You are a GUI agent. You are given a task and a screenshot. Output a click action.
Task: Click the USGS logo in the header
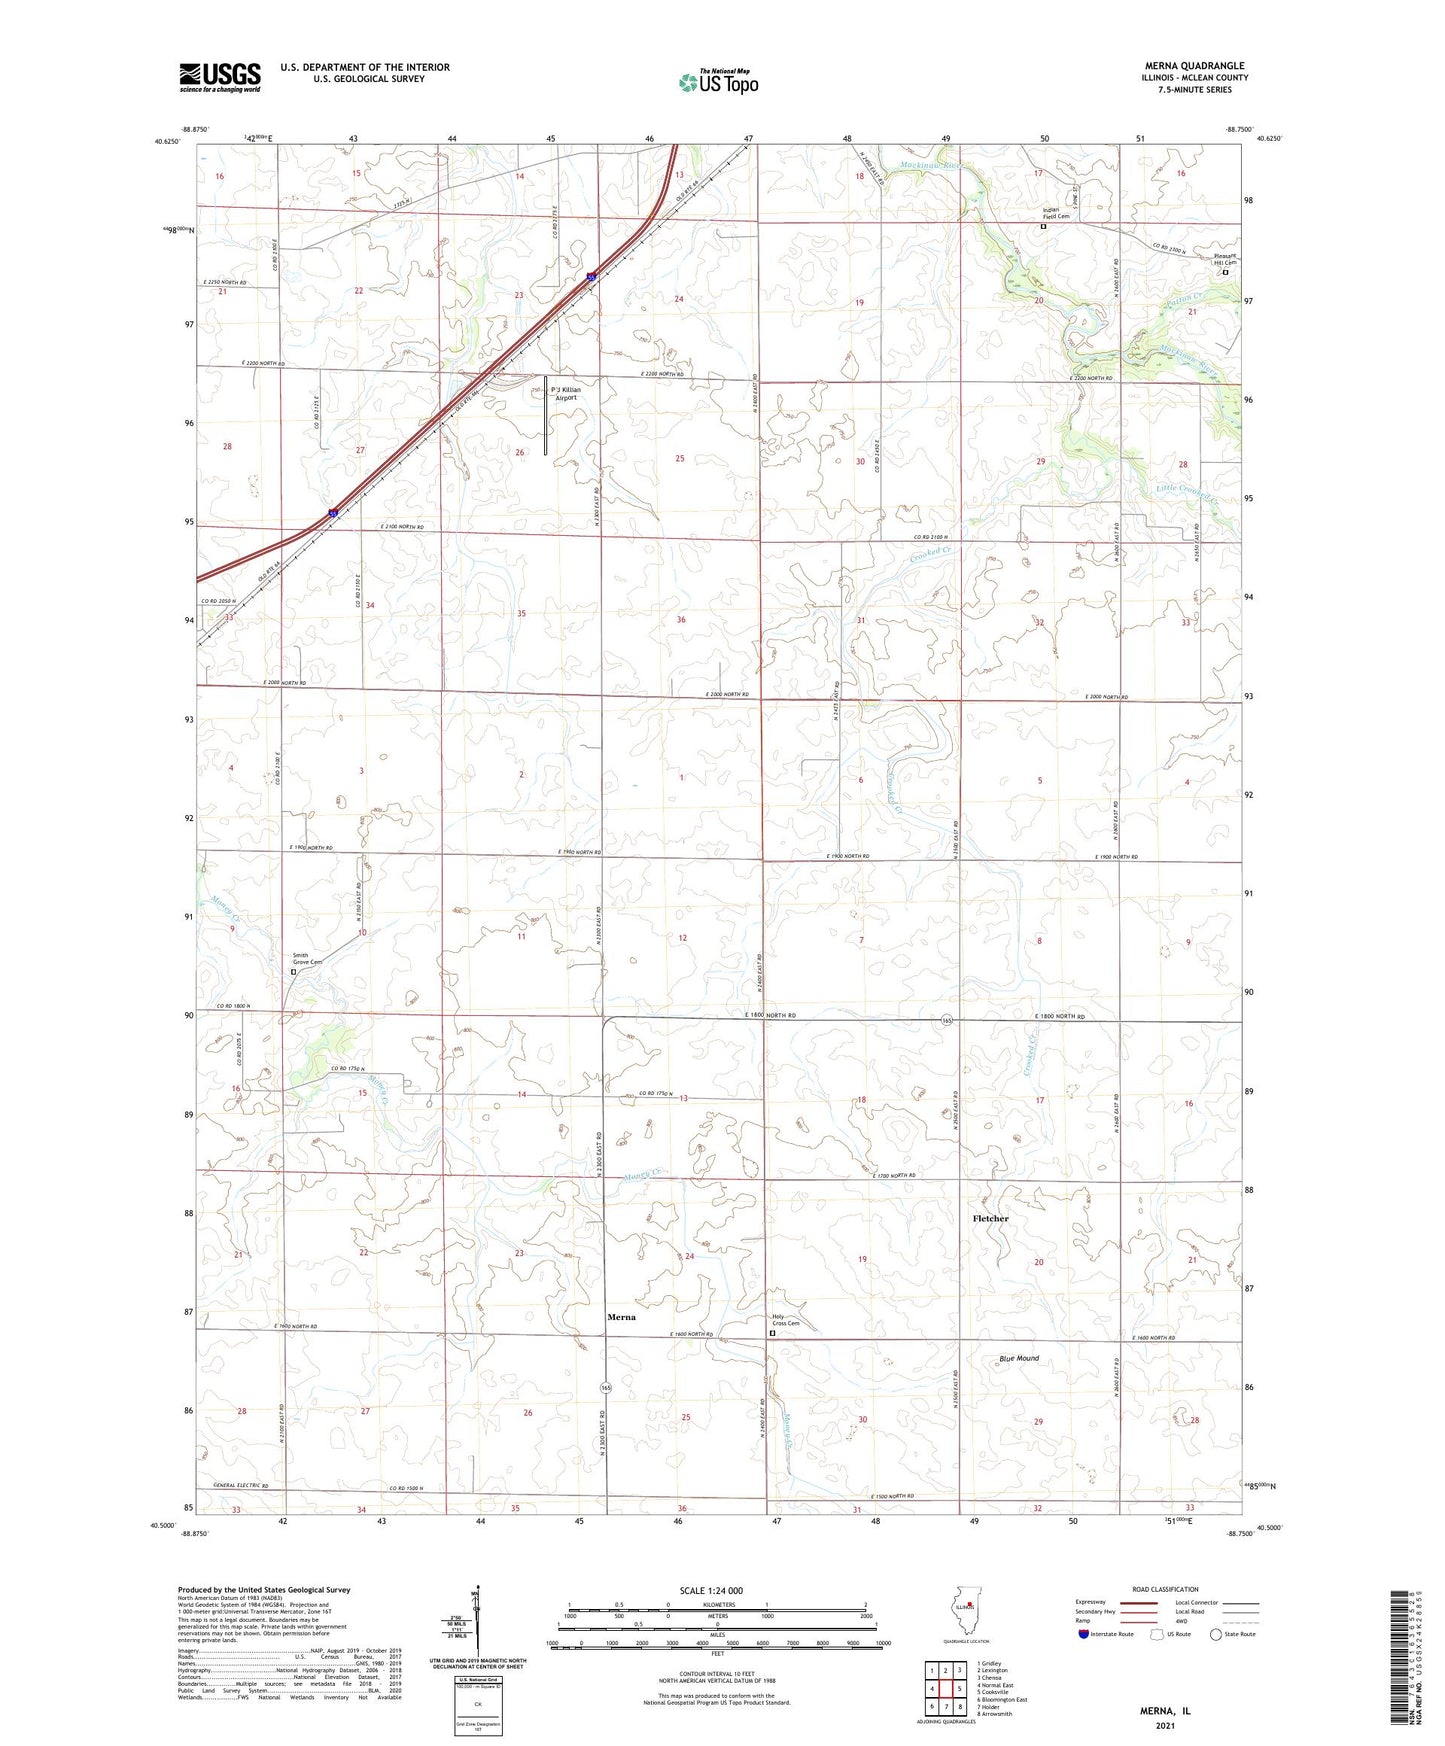pyautogui.click(x=220, y=76)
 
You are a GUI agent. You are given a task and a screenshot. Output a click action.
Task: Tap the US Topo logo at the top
pyautogui.click(x=716, y=82)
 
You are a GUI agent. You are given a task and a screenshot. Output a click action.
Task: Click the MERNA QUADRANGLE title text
pyautogui.click(x=1195, y=66)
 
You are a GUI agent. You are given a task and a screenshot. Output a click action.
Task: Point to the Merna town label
pyautogui.click(x=621, y=1317)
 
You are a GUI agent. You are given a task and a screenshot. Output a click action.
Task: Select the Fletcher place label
pyautogui.click(x=990, y=1218)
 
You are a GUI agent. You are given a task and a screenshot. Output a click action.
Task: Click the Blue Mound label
pyautogui.click(x=1019, y=1358)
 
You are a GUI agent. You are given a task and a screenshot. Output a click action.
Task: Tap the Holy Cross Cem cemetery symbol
pyautogui.click(x=772, y=1333)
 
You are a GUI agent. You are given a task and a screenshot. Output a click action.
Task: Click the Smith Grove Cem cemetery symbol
pyautogui.click(x=294, y=971)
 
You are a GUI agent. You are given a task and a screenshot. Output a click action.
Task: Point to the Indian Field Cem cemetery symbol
pyautogui.click(x=1044, y=227)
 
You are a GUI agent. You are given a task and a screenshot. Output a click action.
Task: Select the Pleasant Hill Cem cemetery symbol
pyautogui.click(x=1226, y=271)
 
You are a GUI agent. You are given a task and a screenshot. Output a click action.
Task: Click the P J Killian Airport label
pyautogui.click(x=566, y=393)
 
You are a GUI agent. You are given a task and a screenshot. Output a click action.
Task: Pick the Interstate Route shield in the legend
pyautogui.click(x=1084, y=1634)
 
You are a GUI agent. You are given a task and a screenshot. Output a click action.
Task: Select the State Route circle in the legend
pyautogui.click(x=1215, y=1634)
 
